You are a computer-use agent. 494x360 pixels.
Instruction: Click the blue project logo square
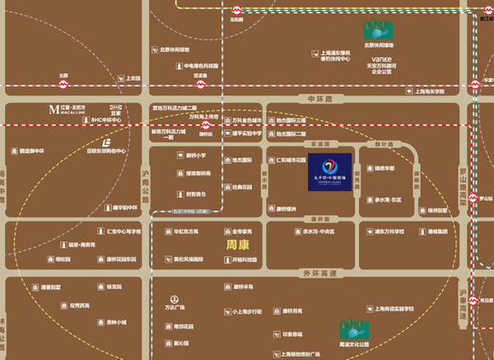pyautogui.click(x=330, y=172)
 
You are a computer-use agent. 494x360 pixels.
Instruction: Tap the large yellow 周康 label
pyautogui.click(x=240, y=245)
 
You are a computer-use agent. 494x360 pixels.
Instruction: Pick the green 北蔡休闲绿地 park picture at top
pyautogui.click(x=380, y=30)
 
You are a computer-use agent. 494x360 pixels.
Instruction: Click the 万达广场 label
pyautogui.click(x=174, y=307)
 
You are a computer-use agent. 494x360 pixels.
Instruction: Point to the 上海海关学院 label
pyautogui.click(x=436, y=91)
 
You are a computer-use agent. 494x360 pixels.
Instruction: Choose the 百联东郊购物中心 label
pyautogui.click(x=106, y=152)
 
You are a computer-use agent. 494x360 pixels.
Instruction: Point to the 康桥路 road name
pyautogui.click(x=314, y=219)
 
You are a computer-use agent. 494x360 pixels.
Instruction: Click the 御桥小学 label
pyautogui.click(x=195, y=155)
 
